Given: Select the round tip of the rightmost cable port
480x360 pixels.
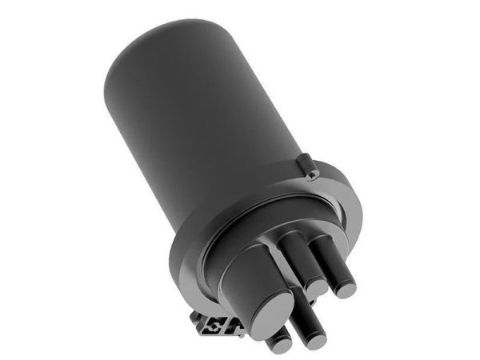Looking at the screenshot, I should (x=346, y=284).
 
